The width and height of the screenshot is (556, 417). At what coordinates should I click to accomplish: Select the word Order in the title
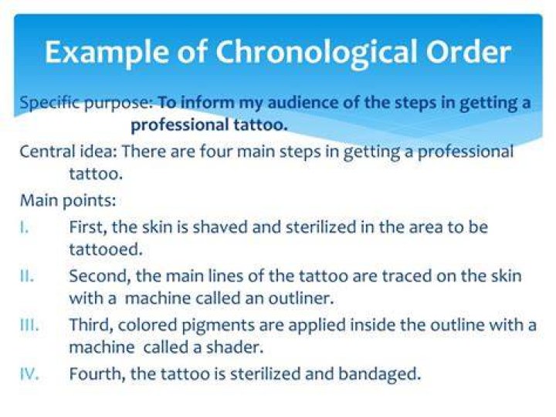click(x=469, y=52)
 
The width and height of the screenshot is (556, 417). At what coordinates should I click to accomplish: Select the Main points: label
click(x=68, y=201)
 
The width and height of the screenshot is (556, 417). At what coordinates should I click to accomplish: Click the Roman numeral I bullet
click(x=24, y=227)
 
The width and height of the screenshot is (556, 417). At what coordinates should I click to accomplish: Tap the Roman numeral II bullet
click(x=27, y=276)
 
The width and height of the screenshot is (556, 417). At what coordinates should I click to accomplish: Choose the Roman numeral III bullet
click(x=29, y=325)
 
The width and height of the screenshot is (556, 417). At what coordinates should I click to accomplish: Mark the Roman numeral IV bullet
click(x=29, y=374)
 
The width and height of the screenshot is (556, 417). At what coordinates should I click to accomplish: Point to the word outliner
click(x=301, y=299)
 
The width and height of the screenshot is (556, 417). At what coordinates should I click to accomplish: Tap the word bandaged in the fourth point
click(x=379, y=374)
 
